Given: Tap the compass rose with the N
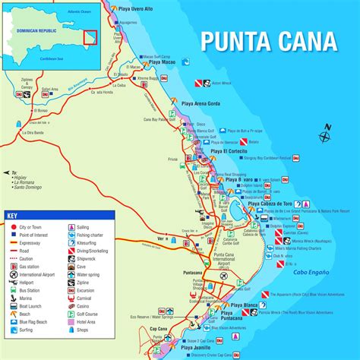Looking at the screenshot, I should (x=325, y=137).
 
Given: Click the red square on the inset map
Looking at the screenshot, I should (x=90, y=37).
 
